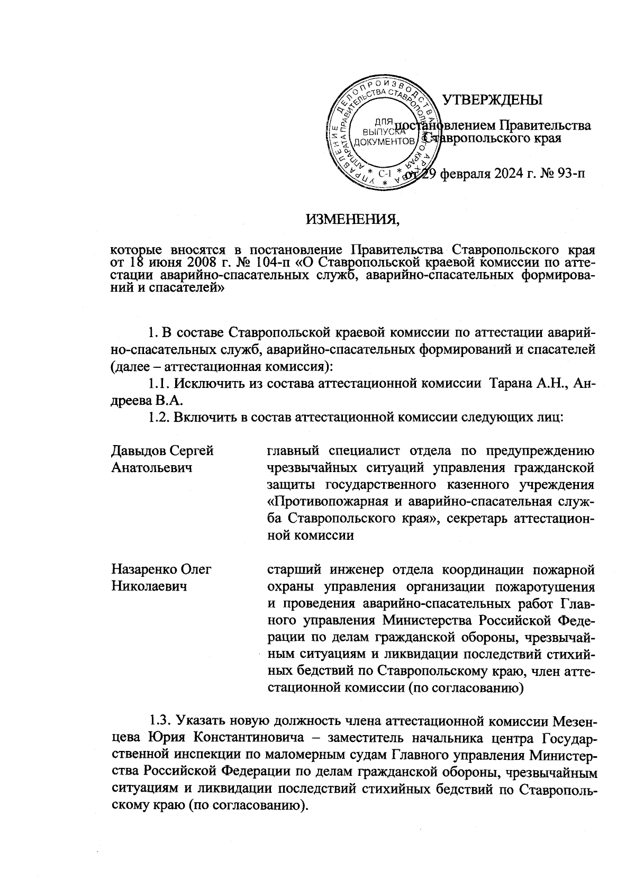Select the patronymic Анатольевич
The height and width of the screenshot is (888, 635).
click(x=151, y=468)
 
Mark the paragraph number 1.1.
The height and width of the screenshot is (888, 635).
click(x=160, y=384)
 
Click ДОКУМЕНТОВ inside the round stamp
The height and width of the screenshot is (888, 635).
click(x=384, y=141)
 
